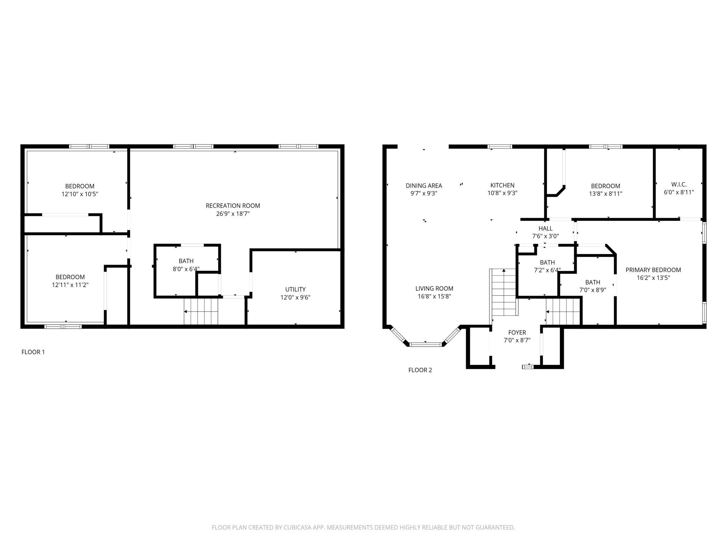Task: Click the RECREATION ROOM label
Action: pos(233,205)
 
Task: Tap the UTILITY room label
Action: pos(295,289)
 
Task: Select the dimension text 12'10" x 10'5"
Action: pos(80,194)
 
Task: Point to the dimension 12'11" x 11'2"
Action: pos(70,285)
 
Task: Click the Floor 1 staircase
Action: pos(201,311)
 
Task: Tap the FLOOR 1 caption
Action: pos(33,352)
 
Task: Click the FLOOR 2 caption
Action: pos(420,370)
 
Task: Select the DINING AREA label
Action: pos(424,185)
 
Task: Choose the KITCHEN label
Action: pos(502,185)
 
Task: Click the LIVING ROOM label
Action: pos(434,288)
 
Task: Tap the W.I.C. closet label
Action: pos(679,184)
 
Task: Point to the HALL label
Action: pos(546,229)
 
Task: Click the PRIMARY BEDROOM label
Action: pos(653,270)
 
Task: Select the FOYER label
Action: pos(517,332)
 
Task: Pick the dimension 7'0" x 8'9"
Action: pos(593,290)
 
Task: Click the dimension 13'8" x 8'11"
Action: pos(606,194)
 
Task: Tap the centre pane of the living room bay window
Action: pos(425,344)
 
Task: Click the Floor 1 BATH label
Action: pos(186,261)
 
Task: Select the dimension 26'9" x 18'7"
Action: pos(233,213)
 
